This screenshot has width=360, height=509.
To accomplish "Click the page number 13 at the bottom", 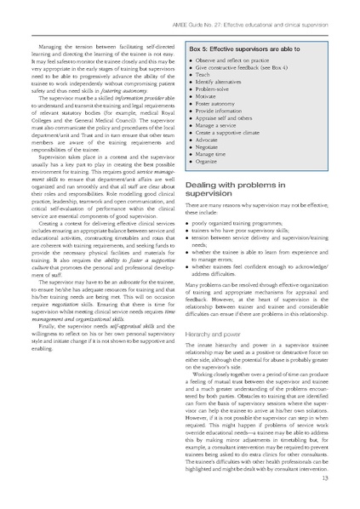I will (x=338, y=479).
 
